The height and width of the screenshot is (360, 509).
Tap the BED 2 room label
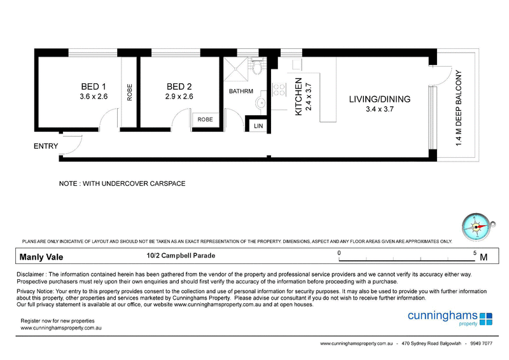click(x=179, y=87)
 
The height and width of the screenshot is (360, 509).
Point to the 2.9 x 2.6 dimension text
click(x=179, y=97)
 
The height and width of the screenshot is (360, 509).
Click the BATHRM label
click(x=241, y=92)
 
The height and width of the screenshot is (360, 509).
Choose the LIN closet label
click(x=258, y=127)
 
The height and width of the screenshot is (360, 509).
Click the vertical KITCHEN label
click(x=298, y=96)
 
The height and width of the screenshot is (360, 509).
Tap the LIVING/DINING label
click(x=379, y=99)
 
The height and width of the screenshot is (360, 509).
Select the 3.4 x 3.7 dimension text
click(x=379, y=109)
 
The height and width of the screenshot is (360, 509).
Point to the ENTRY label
click(x=46, y=146)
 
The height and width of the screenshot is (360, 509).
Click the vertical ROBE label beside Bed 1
click(x=130, y=92)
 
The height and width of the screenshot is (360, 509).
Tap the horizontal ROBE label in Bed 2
click(x=205, y=119)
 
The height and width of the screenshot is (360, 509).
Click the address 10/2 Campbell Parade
click(x=181, y=256)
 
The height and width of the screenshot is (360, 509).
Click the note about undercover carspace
click(x=122, y=183)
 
